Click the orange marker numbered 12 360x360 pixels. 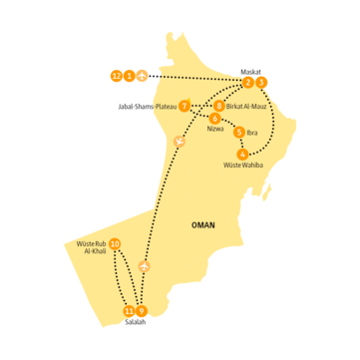(117, 75)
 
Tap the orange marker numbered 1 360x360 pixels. (130, 75)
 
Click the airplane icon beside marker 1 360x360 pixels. (144, 75)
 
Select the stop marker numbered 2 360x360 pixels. (248, 82)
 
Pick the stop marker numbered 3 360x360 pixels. (261, 82)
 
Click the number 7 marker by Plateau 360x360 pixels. (184, 106)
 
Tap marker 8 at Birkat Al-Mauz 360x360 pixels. (219, 106)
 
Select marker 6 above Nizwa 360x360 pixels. (215, 119)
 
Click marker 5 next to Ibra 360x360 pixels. (238, 132)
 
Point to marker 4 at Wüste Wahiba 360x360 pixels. (243, 154)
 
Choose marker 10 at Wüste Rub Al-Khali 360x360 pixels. (116, 244)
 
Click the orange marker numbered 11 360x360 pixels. (130, 311)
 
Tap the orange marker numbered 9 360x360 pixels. (143, 311)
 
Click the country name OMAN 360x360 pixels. (202, 225)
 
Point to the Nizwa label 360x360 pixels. (215, 130)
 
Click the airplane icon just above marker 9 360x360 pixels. (146, 266)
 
